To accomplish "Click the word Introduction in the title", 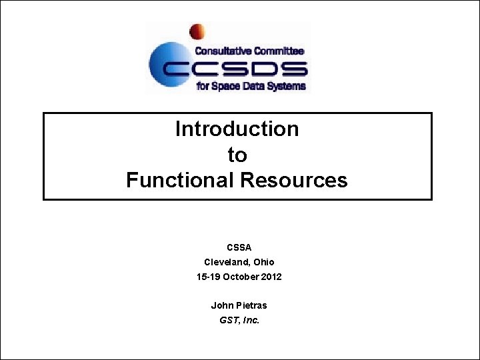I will pyautogui.click(x=237, y=129).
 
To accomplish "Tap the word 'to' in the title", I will pyautogui.click(x=237, y=155).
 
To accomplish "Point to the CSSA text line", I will pyautogui.click(x=239, y=247).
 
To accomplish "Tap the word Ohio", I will pyautogui.click(x=263, y=262).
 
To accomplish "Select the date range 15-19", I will pyautogui.click(x=209, y=277).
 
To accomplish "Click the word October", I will pyautogui.click(x=241, y=277).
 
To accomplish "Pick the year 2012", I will pyautogui.click(x=271, y=277).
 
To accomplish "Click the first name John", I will pyautogui.click(x=221, y=305).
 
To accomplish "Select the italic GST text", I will pyautogui.click(x=229, y=320).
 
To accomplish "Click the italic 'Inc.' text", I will pyautogui.click(x=251, y=320).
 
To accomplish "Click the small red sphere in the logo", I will pyautogui.click(x=197, y=31).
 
